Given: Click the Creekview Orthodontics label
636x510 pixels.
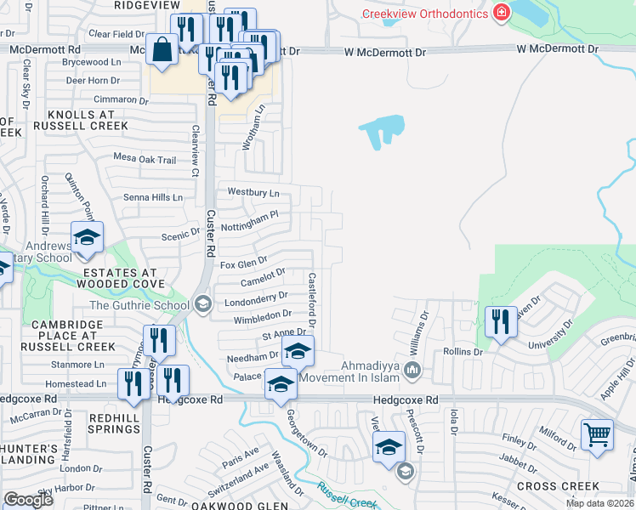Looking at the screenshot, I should [x=424, y=14].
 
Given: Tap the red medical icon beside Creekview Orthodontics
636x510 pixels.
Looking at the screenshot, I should [x=502, y=13].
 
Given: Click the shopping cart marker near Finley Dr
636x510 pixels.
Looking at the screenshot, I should [x=597, y=433].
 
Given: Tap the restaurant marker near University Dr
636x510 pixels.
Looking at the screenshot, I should [x=500, y=322].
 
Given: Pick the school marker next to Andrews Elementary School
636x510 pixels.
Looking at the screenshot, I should [x=86, y=238].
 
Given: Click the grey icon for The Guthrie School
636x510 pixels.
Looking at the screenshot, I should [x=202, y=303].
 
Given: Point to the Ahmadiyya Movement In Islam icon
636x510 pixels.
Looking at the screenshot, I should [x=412, y=369].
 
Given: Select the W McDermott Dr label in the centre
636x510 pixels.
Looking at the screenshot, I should [x=384, y=53].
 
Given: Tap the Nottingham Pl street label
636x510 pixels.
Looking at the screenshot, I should [x=250, y=222].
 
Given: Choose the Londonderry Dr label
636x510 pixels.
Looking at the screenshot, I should [x=250, y=299].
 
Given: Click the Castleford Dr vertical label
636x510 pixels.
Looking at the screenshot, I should [x=312, y=299].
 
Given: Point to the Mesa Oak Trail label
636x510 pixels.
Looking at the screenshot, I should [x=145, y=159].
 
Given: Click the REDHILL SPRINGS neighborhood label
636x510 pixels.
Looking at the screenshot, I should [x=108, y=423].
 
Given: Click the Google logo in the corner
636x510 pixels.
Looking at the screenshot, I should [x=28, y=500].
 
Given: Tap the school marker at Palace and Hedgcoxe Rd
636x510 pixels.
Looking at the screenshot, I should [x=281, y=384].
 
